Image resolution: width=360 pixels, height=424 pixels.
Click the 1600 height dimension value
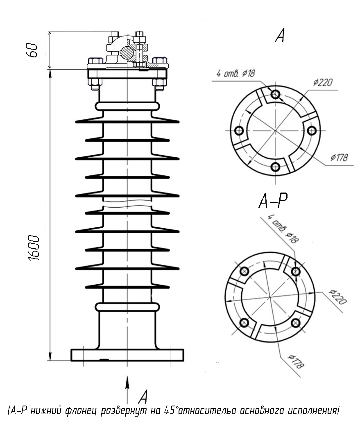34,248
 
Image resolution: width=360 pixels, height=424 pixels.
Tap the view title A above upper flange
280,35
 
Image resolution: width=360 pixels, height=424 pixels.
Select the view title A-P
273,201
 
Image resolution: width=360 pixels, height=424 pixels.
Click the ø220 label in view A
323,82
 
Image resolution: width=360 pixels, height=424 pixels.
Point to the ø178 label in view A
339,157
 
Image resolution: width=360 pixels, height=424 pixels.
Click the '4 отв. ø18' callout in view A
235,73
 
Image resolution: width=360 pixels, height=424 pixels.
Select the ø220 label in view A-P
338,297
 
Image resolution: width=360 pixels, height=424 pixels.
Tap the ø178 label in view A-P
296,362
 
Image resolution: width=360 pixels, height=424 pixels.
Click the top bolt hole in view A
275,94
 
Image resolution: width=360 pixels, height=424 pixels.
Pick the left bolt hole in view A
239,131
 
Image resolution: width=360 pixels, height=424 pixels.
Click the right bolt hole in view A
312,131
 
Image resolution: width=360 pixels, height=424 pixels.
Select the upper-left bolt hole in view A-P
245,271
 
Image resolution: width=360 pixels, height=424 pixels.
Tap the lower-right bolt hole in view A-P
296,322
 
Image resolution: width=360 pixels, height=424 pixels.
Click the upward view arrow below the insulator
127,390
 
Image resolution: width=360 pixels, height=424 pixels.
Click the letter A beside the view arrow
143,397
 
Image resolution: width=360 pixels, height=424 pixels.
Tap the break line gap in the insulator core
127,204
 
